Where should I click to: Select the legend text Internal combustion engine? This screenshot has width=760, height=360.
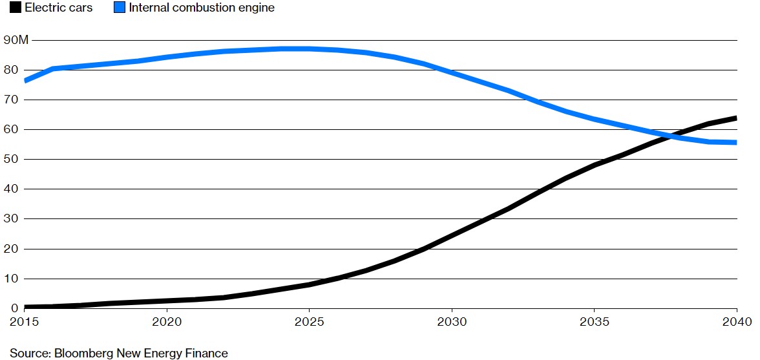pos(202,8)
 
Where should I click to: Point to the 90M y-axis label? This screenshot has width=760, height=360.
pos(16,40)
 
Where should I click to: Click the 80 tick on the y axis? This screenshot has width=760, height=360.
pos(11,70)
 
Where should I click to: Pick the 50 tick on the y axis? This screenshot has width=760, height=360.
pos(11,160)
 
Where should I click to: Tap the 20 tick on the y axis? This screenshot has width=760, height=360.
pos(11,249)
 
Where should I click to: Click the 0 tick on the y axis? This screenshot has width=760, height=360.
pos(7,308)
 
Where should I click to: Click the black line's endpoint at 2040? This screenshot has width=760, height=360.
pos(736,118)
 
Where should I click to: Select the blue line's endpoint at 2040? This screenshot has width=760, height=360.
pos(736,142)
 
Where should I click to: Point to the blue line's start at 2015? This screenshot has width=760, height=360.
pos(25,81)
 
